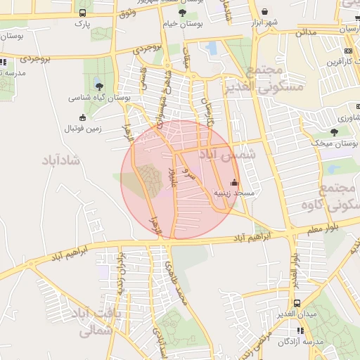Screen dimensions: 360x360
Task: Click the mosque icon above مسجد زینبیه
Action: tap(234, 182)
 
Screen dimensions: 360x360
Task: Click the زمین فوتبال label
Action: tap(83, 128)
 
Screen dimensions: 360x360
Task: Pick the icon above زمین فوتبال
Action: tap(83, 117)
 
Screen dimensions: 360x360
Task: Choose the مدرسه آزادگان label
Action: tap(300, 342)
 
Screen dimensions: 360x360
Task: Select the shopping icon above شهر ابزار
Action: tap(264, 12)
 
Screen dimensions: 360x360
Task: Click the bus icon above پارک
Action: tap(83, 13)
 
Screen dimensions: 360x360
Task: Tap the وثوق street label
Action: tap(127, 14)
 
